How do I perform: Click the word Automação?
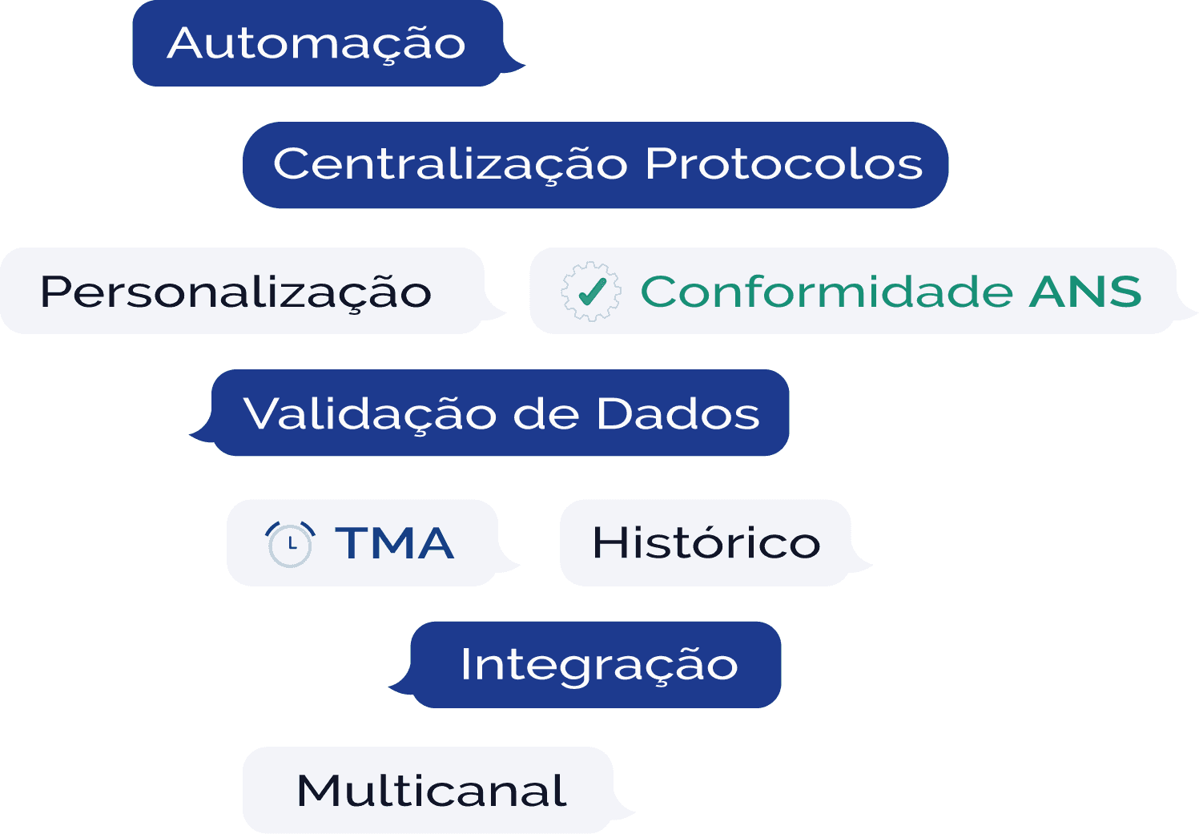[316, 43]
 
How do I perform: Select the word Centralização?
[450, 164]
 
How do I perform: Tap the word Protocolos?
[783, 164]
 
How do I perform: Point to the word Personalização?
[235, 292]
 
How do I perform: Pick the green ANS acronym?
[1085, 291]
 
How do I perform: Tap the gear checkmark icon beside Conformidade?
[591, 292]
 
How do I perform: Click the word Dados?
[678, 414]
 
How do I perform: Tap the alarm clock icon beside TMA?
[289, 544]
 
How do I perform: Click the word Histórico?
[706, 543]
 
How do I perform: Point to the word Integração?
[598, 665]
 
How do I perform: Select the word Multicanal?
[432, 791]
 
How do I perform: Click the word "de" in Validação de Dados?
[545, 414]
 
